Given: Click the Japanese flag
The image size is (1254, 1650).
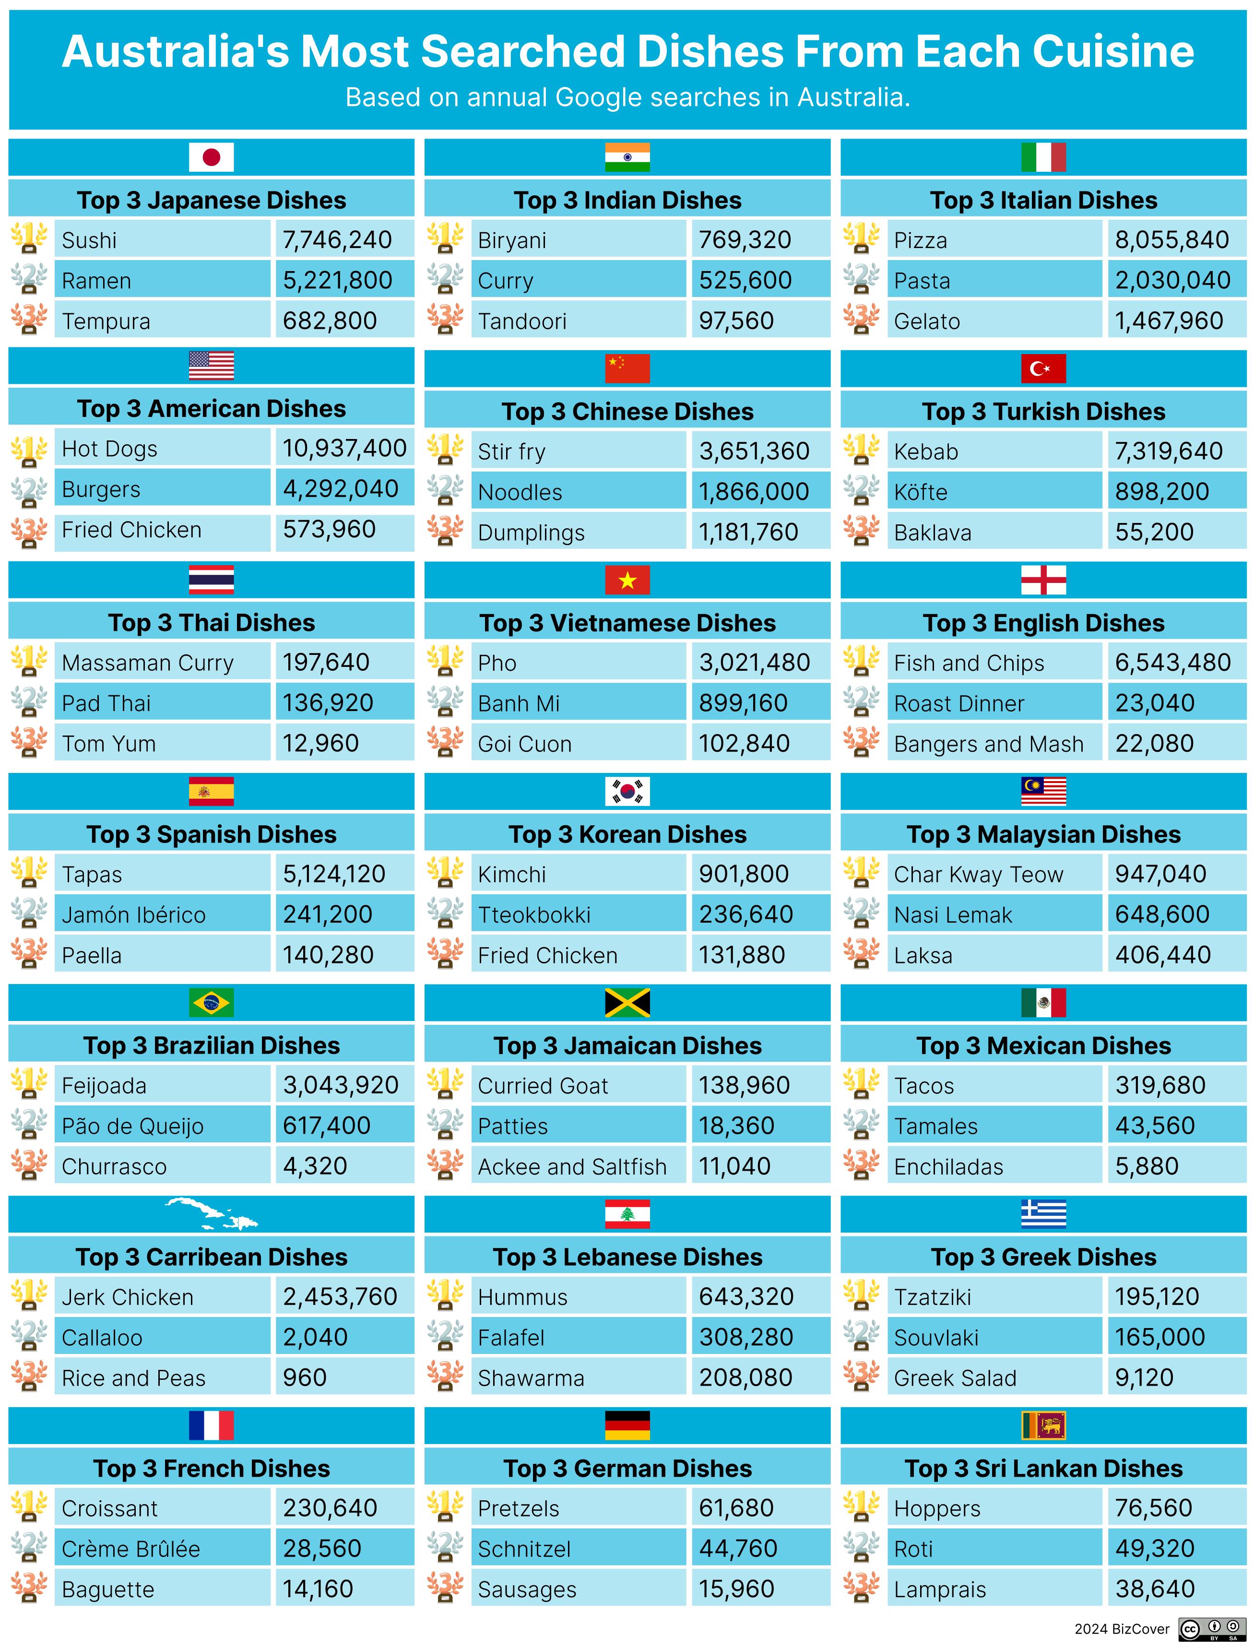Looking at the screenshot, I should tap(211, 157).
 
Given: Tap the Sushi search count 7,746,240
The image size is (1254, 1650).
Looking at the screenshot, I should tap(337, 240).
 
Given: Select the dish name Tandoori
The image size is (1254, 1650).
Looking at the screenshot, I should tap(522, 321).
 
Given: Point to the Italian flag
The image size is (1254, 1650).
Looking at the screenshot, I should tap(1043, 157).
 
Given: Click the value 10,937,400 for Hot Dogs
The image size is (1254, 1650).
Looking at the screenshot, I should tap(344, 448).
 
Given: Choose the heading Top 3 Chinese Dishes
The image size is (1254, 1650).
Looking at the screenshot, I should tap(627, 411).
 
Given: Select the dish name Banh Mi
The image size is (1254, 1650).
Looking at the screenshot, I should tap(519, 703).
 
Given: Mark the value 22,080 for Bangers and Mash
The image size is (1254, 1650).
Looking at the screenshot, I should tap(1154, 744).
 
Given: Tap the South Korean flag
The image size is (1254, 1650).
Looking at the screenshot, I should tap(627, 791).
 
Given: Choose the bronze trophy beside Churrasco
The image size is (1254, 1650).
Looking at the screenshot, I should tap(29, 1165).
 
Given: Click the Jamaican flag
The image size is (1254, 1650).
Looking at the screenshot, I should tap(627, 1003).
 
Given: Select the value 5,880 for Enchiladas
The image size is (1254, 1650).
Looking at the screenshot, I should tap(1147, 1166).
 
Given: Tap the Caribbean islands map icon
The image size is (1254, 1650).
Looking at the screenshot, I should tap(211, 1214).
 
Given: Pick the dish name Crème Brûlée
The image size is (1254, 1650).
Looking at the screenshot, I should tap(130, 1549).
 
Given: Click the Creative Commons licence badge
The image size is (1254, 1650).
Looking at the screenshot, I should tap(1212, 1628).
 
